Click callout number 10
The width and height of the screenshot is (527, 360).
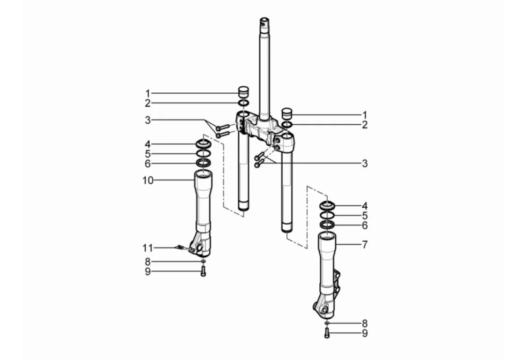tap(148, 180)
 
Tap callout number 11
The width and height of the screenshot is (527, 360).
tap(148, 248)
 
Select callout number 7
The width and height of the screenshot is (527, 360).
tap(365, 244)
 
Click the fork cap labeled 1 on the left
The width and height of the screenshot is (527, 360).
tap(244, 91)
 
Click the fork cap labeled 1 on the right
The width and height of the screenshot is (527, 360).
tap(286, 113)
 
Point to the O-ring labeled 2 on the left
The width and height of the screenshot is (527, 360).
tap(244, 103)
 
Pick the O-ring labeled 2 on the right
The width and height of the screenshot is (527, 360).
tap(286, 125)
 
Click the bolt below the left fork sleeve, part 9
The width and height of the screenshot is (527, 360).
tap(203, 271)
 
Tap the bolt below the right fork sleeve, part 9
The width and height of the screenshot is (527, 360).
tap(327, 333)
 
